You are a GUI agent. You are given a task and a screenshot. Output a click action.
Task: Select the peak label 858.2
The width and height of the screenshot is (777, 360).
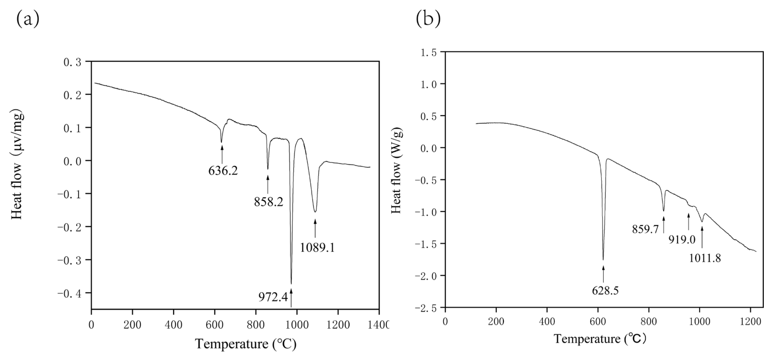pos(269,202)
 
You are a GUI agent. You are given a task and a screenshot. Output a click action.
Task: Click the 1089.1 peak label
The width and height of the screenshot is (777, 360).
pos(317,248)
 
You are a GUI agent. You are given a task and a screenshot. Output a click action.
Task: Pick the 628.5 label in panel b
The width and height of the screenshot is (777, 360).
pos(605,290)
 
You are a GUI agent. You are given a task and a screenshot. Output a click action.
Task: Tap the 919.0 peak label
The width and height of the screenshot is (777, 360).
pos(682,240)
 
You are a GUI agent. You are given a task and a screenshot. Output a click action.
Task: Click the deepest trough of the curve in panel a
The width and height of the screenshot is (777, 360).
pos(291,283)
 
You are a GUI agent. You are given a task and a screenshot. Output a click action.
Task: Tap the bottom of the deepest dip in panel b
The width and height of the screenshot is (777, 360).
pos(603,259)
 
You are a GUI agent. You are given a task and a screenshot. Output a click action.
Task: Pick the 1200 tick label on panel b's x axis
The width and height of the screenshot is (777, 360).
pos(750,322)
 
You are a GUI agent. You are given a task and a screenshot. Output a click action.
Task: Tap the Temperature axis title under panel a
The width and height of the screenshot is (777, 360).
pos(246,344)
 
